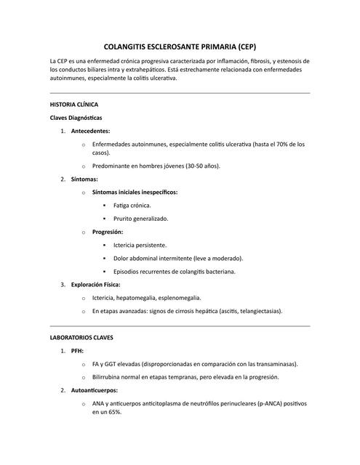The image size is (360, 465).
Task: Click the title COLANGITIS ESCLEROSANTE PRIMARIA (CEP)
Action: pyautogui.click(x=180, y=44)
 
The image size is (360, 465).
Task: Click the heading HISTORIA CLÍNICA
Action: pyautogui.click(x=79, y=105)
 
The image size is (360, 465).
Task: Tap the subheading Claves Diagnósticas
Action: pyautogui.click(x=76, y=118)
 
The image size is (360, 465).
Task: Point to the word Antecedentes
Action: pyautogui.click(x=91, y=131)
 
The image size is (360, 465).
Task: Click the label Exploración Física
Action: pyautogui.click(x=96, y=284)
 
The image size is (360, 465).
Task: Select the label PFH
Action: pyautogui.click(x=77, y=351)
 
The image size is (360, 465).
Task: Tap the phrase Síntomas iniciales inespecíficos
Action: pyautogui.click(x=135, y=192)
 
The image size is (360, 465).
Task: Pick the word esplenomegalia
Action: pyautogui.click(x=176, y=298)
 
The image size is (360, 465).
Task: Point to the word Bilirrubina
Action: pyautogui.click(x=111, y=377)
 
